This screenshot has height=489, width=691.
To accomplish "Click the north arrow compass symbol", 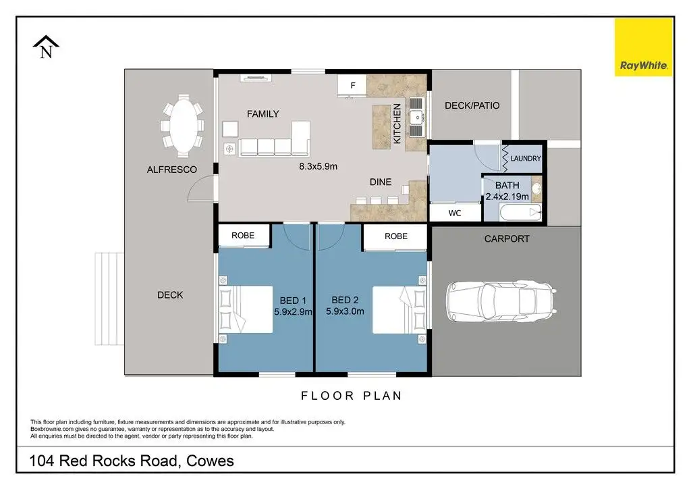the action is pos(46,47).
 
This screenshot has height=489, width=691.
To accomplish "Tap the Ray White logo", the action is pos(643,47).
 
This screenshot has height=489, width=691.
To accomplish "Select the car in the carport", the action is pos(501,302).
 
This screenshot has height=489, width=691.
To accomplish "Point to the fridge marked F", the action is pos(352,86).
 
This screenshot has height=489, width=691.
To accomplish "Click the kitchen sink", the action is pos(416,118).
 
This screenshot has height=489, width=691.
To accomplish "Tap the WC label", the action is pos(455,213).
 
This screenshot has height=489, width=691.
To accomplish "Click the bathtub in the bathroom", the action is pos(520,213).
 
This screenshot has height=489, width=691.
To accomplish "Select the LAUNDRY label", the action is pos(526,158).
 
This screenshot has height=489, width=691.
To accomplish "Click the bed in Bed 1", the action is pos(246,309).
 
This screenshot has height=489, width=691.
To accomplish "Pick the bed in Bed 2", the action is pos(399,310).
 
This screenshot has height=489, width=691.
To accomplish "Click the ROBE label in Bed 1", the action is pos(243,236).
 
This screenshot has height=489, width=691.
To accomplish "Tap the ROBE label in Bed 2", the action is pos(395,236).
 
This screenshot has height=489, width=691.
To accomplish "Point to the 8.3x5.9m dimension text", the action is pos(319,166).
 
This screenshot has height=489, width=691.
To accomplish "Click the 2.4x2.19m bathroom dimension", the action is pos(507,197).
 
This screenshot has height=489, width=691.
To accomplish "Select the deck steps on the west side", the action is pos(109,299).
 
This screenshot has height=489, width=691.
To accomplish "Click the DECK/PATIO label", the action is pos(472,105).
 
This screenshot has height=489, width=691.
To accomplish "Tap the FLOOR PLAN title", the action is pos(351,396).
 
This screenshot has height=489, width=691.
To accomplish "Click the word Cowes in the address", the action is pos(210,461).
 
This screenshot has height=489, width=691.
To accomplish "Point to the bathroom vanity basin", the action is pos(536,188).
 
